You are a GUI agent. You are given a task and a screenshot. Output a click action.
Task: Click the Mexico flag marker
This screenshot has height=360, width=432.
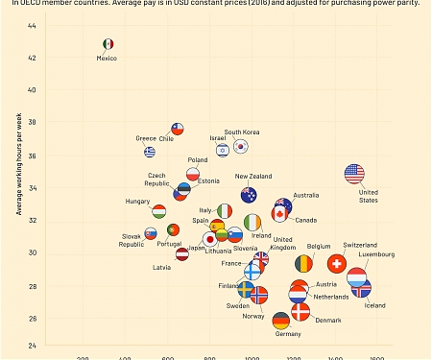[108, 44]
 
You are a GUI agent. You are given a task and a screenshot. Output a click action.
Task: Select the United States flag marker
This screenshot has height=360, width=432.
[354, 174]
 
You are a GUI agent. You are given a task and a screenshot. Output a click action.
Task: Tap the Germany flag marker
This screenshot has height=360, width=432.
[280, 321]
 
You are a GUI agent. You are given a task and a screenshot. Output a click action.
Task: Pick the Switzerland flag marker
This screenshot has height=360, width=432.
[336, 263]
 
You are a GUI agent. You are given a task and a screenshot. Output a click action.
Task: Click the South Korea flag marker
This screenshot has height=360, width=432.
[240, 147]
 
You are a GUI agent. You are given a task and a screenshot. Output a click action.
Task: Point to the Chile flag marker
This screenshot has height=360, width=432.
[177, 128]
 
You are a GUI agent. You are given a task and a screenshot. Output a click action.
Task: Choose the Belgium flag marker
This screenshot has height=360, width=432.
[303, 262]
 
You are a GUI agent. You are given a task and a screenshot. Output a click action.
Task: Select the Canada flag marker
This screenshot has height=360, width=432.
[280, 214]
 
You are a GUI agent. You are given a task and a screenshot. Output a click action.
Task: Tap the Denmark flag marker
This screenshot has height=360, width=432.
[300, 311]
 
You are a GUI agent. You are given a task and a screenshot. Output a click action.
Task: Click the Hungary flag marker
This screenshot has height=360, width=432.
[159, 210]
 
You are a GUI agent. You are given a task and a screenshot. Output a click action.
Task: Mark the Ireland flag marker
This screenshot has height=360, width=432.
[252, 223]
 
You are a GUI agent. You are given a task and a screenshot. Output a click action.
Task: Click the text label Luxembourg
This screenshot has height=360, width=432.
[375, 254]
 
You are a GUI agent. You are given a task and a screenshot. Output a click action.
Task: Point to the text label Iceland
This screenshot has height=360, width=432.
[374, 305]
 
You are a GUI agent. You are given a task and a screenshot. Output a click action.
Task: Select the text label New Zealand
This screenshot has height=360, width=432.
[253, 177]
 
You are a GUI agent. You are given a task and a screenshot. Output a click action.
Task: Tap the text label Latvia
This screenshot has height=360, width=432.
[162, 268]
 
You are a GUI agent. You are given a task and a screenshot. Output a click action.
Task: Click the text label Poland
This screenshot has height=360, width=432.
[198, 160]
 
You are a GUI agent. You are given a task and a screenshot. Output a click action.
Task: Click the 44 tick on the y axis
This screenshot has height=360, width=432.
[32, 25]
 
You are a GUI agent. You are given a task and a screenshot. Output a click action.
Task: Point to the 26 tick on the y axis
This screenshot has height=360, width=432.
[32, 319]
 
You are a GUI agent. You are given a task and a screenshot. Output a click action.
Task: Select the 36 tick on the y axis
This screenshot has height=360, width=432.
[32, 156]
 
